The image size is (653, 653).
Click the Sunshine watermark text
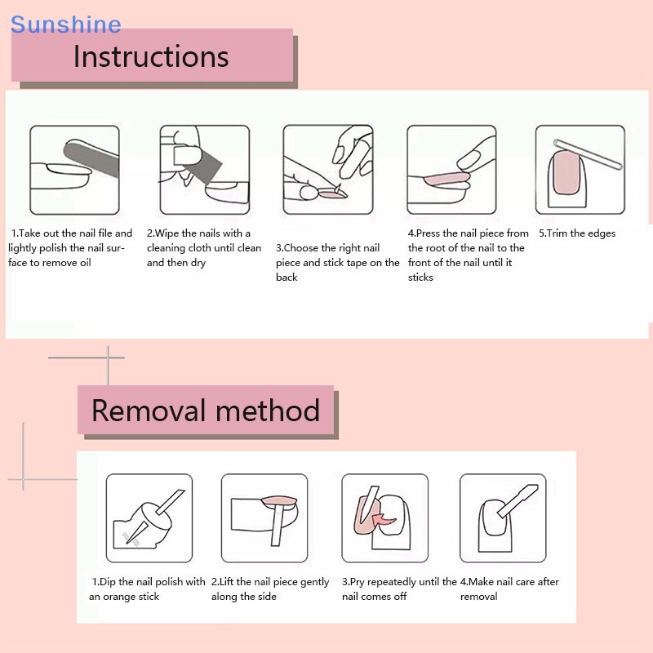(x=65, y=24)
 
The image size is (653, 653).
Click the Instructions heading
(x=151, y=56)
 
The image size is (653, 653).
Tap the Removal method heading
(x=205, y=410)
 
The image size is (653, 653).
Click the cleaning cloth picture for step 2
(x=204, y=169)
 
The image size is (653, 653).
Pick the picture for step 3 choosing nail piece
(x=327, y=169)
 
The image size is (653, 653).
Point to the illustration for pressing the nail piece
(x=451, y=169)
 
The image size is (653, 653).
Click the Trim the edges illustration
(x=580, y=169)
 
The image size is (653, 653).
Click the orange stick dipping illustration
(x=149, y=518)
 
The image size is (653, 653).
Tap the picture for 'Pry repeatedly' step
(x=384, y=518)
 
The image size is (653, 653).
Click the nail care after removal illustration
(x=502, y=518)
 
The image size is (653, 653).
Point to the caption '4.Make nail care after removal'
(x=509, y=589)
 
